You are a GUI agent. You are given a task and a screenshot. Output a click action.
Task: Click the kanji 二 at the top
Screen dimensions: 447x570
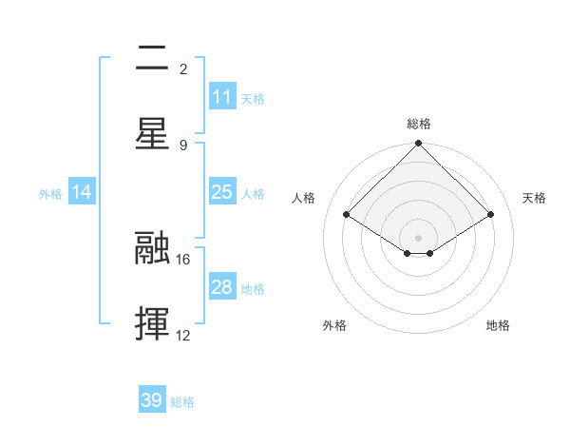point(153,60)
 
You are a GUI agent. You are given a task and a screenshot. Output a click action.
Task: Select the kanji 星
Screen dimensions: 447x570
point(153,134)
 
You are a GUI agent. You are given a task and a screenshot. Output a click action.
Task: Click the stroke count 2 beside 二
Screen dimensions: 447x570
point(183,69)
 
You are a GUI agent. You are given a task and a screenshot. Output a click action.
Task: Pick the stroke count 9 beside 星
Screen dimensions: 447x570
point(183,145)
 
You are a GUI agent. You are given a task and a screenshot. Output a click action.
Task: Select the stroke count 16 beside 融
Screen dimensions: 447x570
point(183,259)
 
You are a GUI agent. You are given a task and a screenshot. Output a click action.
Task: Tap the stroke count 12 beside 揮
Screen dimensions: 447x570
point(183,335)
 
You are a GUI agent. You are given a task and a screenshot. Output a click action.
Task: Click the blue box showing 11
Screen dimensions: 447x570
point(222,97)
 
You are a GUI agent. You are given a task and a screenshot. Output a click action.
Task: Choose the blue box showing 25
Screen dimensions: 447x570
point(222,192)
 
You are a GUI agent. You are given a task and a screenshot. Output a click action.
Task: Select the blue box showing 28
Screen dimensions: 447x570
point(222,287)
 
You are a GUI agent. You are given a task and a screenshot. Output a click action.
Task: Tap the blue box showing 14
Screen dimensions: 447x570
point(82,192)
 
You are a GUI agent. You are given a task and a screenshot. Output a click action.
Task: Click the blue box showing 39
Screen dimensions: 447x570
point(152,400)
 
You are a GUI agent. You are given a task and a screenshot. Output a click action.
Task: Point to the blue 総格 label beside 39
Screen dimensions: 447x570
point(182,402)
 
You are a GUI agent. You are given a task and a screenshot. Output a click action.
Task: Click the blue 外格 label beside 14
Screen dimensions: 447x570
point(50,194)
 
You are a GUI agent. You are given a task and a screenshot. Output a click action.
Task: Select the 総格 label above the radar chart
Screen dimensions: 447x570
point(418,124)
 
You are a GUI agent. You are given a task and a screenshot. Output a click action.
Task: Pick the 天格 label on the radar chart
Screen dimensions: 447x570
point(534,198)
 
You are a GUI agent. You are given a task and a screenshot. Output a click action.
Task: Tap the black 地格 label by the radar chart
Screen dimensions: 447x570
point(498,325)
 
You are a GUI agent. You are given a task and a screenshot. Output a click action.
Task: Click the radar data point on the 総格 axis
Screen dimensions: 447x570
point(418,145)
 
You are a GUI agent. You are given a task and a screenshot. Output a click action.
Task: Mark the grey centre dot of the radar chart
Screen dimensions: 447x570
point(418,236)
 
